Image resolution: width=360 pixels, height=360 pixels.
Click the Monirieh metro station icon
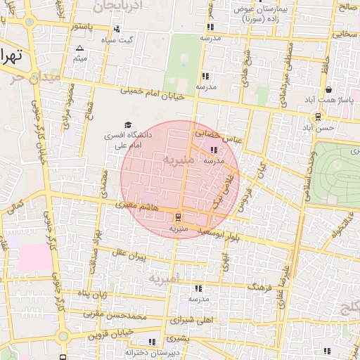click(177, 217)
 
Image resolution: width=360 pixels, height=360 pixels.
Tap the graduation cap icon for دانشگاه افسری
click(127, 124)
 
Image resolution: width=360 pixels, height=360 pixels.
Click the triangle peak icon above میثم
click(79, 49)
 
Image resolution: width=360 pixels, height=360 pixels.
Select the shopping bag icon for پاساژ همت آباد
click(329, 89)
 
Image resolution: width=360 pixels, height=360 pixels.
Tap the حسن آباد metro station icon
click(319, 117)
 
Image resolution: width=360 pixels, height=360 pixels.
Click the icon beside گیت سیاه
click(116, 30)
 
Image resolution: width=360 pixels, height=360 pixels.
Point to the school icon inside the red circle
click(214, 150)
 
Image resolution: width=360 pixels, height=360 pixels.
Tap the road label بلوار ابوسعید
click(220, 233)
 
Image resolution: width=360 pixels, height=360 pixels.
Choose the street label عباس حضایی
click(219, 135)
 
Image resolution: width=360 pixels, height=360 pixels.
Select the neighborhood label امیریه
click(165, 276)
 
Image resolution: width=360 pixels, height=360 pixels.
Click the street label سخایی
click(345, 33)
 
